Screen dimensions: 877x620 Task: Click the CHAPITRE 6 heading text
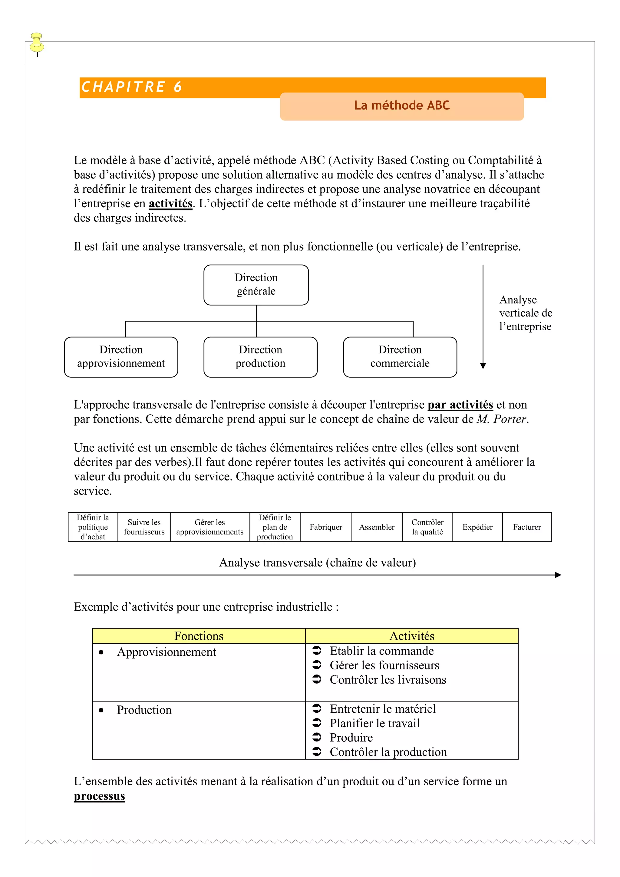[x=132, y=87]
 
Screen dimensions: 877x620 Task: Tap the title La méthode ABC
[x=401, y=105]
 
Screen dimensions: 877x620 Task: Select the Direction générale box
[x=256, y=284]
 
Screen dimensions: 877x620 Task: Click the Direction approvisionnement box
[x=121, y=357]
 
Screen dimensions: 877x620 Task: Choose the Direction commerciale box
[x=400, y=357]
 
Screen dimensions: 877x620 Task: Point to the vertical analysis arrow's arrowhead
[x=483, y=366]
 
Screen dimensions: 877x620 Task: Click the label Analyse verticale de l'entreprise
[x=525, y=313]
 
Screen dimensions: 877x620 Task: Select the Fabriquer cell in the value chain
[x=325, y=527]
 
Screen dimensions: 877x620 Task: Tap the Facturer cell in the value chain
[x=527, y=527]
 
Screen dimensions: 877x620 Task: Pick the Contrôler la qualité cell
[x=427, y=527]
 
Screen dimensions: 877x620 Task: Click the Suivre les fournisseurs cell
[x=144, y=527]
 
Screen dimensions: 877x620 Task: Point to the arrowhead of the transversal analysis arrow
[x=558, y=575]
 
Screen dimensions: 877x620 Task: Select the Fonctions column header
[x=199, y=636]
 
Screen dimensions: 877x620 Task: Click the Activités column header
[x=412, y=636]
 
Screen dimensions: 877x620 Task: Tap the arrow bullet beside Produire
[x=317, y=737]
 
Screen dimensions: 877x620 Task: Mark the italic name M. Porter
[x=502, y=419]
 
